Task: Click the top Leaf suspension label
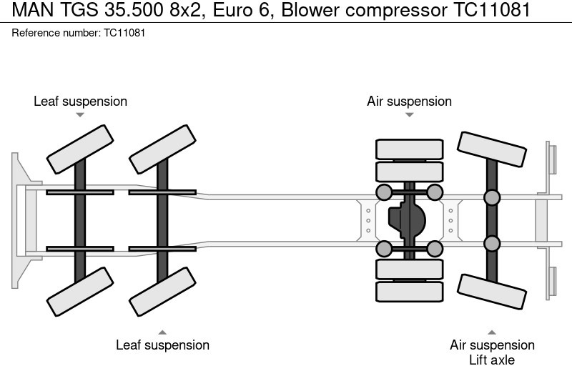80,102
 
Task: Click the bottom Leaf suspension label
162,345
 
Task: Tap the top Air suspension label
409,102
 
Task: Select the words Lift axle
492,360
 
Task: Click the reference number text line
79,33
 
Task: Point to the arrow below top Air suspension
409,114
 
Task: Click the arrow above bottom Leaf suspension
162,332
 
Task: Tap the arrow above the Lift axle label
492,332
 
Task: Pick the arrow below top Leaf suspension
80,114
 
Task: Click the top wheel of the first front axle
80,149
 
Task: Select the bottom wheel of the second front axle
162,291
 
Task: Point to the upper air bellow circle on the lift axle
492,197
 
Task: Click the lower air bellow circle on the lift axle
492,244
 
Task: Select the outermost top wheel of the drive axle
409,149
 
